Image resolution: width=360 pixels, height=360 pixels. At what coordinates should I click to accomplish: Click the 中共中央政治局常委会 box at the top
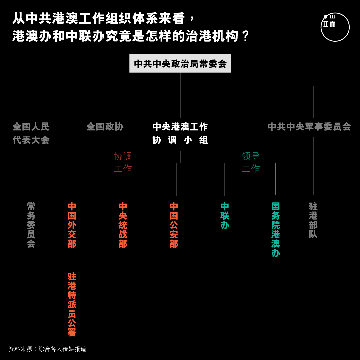(x=180, y=63)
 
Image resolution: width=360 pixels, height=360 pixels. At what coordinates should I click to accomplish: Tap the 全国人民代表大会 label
(x=31, y=133)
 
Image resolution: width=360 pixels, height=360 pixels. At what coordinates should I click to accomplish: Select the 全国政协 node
(x=105, y=127)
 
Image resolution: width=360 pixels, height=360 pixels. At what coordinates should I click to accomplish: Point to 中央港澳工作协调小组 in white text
(x=180, y=133)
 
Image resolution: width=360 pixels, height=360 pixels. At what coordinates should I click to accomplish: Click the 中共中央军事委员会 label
(x=309, y=127)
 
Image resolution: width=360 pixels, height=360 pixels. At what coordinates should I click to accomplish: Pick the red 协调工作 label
(x=123, y=163)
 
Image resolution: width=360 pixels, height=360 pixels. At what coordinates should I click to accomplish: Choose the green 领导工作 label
(x=251, y=163)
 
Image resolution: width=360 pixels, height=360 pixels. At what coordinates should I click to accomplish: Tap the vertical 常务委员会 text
(x=31, y=225)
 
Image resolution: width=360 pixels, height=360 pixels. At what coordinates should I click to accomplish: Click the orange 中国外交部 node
(x=72, y=225)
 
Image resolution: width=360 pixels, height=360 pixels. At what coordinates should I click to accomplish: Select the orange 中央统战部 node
(x=123, y=225)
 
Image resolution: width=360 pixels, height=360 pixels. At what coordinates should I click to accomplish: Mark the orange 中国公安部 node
(x=174, y=225)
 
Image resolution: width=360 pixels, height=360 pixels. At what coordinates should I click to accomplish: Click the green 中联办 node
(x=225, y=216)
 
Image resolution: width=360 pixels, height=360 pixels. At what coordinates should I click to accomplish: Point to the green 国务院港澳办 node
(x=276, y=230)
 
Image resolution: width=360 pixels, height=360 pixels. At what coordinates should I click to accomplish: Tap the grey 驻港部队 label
(x=313, y=220)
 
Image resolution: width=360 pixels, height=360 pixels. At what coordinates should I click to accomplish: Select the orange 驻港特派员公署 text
(x=72, y=304)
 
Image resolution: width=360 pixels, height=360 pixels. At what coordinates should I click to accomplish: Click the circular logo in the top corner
(x=335, y=27)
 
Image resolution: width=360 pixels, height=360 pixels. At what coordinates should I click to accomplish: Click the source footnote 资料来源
(x=47, y=349)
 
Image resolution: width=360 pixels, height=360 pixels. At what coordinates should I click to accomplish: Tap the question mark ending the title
(x=246, y=36)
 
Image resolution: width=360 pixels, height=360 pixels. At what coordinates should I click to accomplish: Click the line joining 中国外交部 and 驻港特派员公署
(x=72, y=260)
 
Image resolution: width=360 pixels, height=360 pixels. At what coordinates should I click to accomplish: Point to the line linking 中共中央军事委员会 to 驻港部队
(x=313, y=166)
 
